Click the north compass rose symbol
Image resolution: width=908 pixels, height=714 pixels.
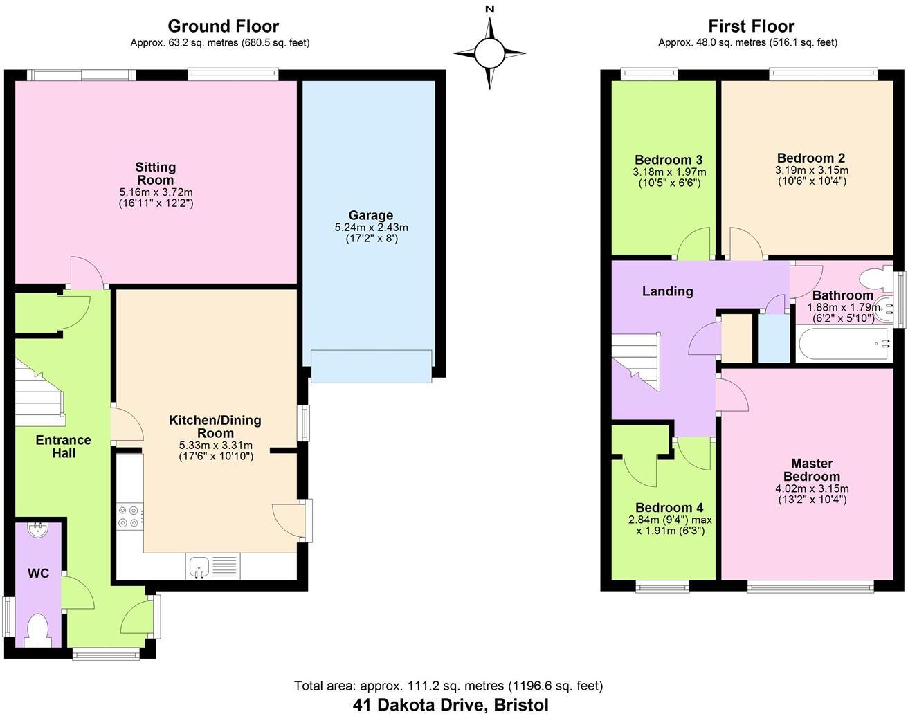(489, 53)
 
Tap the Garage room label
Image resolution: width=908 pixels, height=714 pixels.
(371, 215)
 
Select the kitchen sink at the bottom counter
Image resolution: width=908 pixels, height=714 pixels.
(198, 567)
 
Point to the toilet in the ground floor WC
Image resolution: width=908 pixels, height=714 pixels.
(37, 630)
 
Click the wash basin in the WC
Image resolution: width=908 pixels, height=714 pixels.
(37, 530)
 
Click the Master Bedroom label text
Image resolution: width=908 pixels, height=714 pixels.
(812, 470)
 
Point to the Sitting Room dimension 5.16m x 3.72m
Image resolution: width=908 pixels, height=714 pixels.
(156, 192)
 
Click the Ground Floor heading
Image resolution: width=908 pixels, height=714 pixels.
(223, 26)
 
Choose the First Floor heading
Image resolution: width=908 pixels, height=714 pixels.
(751, 26)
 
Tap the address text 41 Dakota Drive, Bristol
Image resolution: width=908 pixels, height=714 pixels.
(451, 704)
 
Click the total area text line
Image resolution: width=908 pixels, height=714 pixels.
(448, 686)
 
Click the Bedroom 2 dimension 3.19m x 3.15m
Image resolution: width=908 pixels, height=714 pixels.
(812, 170)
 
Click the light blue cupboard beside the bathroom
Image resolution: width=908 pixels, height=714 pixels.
(774, 338)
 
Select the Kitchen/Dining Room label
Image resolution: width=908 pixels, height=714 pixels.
(215, 426)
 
